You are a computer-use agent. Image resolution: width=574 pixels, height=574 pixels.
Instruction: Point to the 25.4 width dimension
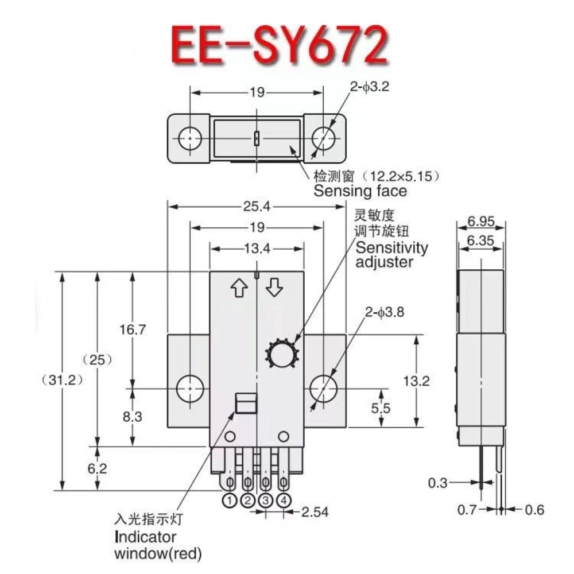(257, 205)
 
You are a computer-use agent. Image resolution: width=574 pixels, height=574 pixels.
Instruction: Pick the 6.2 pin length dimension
(98, 468)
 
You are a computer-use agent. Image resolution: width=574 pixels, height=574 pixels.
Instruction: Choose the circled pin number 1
(230, 501)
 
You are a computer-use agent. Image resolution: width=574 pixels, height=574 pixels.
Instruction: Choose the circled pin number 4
(284, 501)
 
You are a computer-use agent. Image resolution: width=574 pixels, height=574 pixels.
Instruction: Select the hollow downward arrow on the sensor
(275, 286)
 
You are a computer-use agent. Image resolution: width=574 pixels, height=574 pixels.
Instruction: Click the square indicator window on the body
(245, 404)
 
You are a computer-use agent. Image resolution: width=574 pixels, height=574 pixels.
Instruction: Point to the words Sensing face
(360, 191)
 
